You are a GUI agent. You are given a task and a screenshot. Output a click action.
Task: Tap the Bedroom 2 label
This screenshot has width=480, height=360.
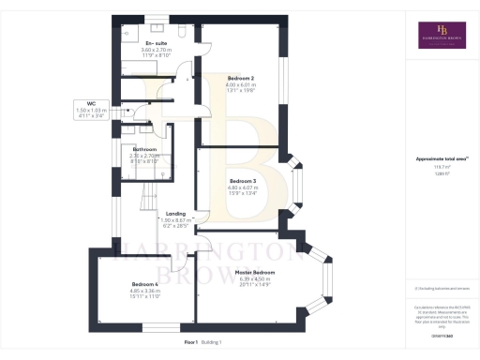pos(241,80)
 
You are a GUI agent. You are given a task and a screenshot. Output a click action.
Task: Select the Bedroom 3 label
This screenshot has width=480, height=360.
pos(243,181)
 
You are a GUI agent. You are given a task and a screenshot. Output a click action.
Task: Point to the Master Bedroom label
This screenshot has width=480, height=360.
pos(255,272)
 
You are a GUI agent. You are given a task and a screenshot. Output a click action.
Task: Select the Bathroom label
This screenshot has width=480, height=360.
pos(144,149)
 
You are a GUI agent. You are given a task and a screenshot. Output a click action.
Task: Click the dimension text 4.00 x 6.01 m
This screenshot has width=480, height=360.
pos(241,86)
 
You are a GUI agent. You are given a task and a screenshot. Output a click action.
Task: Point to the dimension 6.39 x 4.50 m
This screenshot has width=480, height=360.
pos(255,278)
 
